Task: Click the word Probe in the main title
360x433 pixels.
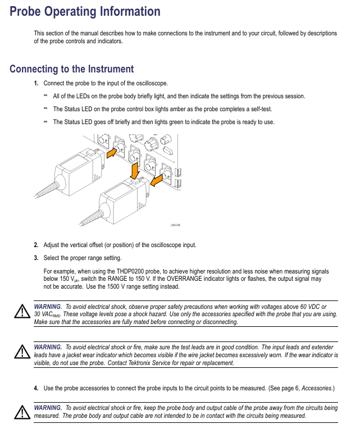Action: click(28, 11)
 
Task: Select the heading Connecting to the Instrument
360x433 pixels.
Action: click(71, 69)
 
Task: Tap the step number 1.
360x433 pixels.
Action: click(36, 84)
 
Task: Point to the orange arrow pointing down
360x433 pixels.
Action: click(135, 169)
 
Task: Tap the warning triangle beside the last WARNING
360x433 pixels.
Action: click(21, 413)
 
